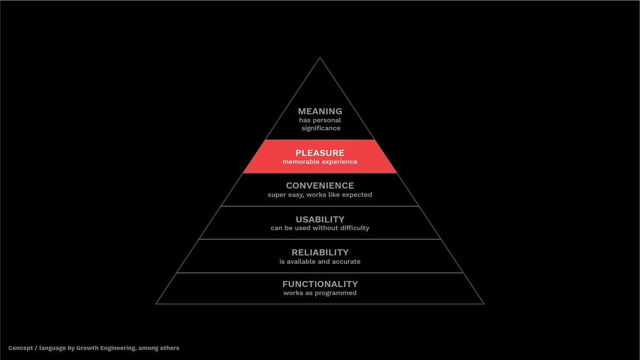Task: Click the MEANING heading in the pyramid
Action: point(320,111)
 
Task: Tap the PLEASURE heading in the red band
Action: point(320,153)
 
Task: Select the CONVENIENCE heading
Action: point(320,186)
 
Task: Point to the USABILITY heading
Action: point(320,219)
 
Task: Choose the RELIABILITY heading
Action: point(320,252)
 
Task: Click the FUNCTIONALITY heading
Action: point(320,284)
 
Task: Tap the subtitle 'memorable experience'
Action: point(320,162)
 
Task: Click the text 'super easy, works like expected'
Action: point(320,195)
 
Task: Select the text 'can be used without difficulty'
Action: point(320,228)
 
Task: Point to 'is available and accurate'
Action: point(320,261)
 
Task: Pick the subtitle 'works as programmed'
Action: point(320,293)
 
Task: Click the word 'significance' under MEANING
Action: point(320,128)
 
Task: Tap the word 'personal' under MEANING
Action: point(327,120)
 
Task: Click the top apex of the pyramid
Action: point(320,58)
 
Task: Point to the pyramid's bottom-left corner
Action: point(156,304)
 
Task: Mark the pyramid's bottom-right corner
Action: point(484,304)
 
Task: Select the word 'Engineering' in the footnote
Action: point(119,348)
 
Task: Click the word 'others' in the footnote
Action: point(170,348)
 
